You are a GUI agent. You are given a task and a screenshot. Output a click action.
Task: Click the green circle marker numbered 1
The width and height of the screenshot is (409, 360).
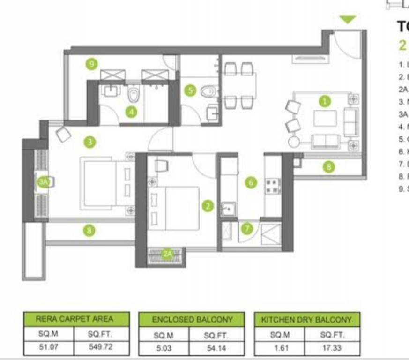(324, 101)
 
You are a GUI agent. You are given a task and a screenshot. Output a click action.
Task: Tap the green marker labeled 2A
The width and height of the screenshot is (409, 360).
(167, 254)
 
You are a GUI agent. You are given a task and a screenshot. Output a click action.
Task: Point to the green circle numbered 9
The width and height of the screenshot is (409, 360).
(92, 63)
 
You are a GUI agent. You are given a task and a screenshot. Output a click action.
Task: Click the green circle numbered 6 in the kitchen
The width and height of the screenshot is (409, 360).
(251, 182)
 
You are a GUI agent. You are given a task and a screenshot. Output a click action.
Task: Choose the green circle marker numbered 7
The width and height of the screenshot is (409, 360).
(247, 228)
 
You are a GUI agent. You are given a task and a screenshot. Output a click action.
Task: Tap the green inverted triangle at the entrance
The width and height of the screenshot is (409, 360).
(348, 20)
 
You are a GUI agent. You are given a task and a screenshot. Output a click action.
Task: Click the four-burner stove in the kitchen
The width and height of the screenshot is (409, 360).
(273, 186)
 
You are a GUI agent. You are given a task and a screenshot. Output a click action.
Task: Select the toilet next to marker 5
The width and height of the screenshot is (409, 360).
(209, 91)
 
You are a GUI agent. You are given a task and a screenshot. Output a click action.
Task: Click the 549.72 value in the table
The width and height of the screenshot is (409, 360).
(101, 347)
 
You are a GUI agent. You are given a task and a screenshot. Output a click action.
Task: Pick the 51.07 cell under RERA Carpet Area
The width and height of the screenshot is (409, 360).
(49, 347)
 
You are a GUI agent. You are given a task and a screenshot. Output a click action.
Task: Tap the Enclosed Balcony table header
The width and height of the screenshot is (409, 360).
(192, 320)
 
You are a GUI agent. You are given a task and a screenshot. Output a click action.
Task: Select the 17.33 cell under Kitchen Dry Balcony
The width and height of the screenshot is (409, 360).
(332, 347)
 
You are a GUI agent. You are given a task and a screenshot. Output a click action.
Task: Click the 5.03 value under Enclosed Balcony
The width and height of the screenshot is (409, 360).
(164, 347)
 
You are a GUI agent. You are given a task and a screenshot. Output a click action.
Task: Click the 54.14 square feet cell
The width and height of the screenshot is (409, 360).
(216, 347)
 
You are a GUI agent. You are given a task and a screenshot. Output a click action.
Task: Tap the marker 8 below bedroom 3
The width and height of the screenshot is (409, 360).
(89, 230)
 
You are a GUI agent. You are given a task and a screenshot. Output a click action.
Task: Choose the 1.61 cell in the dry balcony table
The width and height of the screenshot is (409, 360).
(279, 347)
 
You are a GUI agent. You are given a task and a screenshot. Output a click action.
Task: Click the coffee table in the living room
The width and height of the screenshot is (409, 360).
(325, 118)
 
